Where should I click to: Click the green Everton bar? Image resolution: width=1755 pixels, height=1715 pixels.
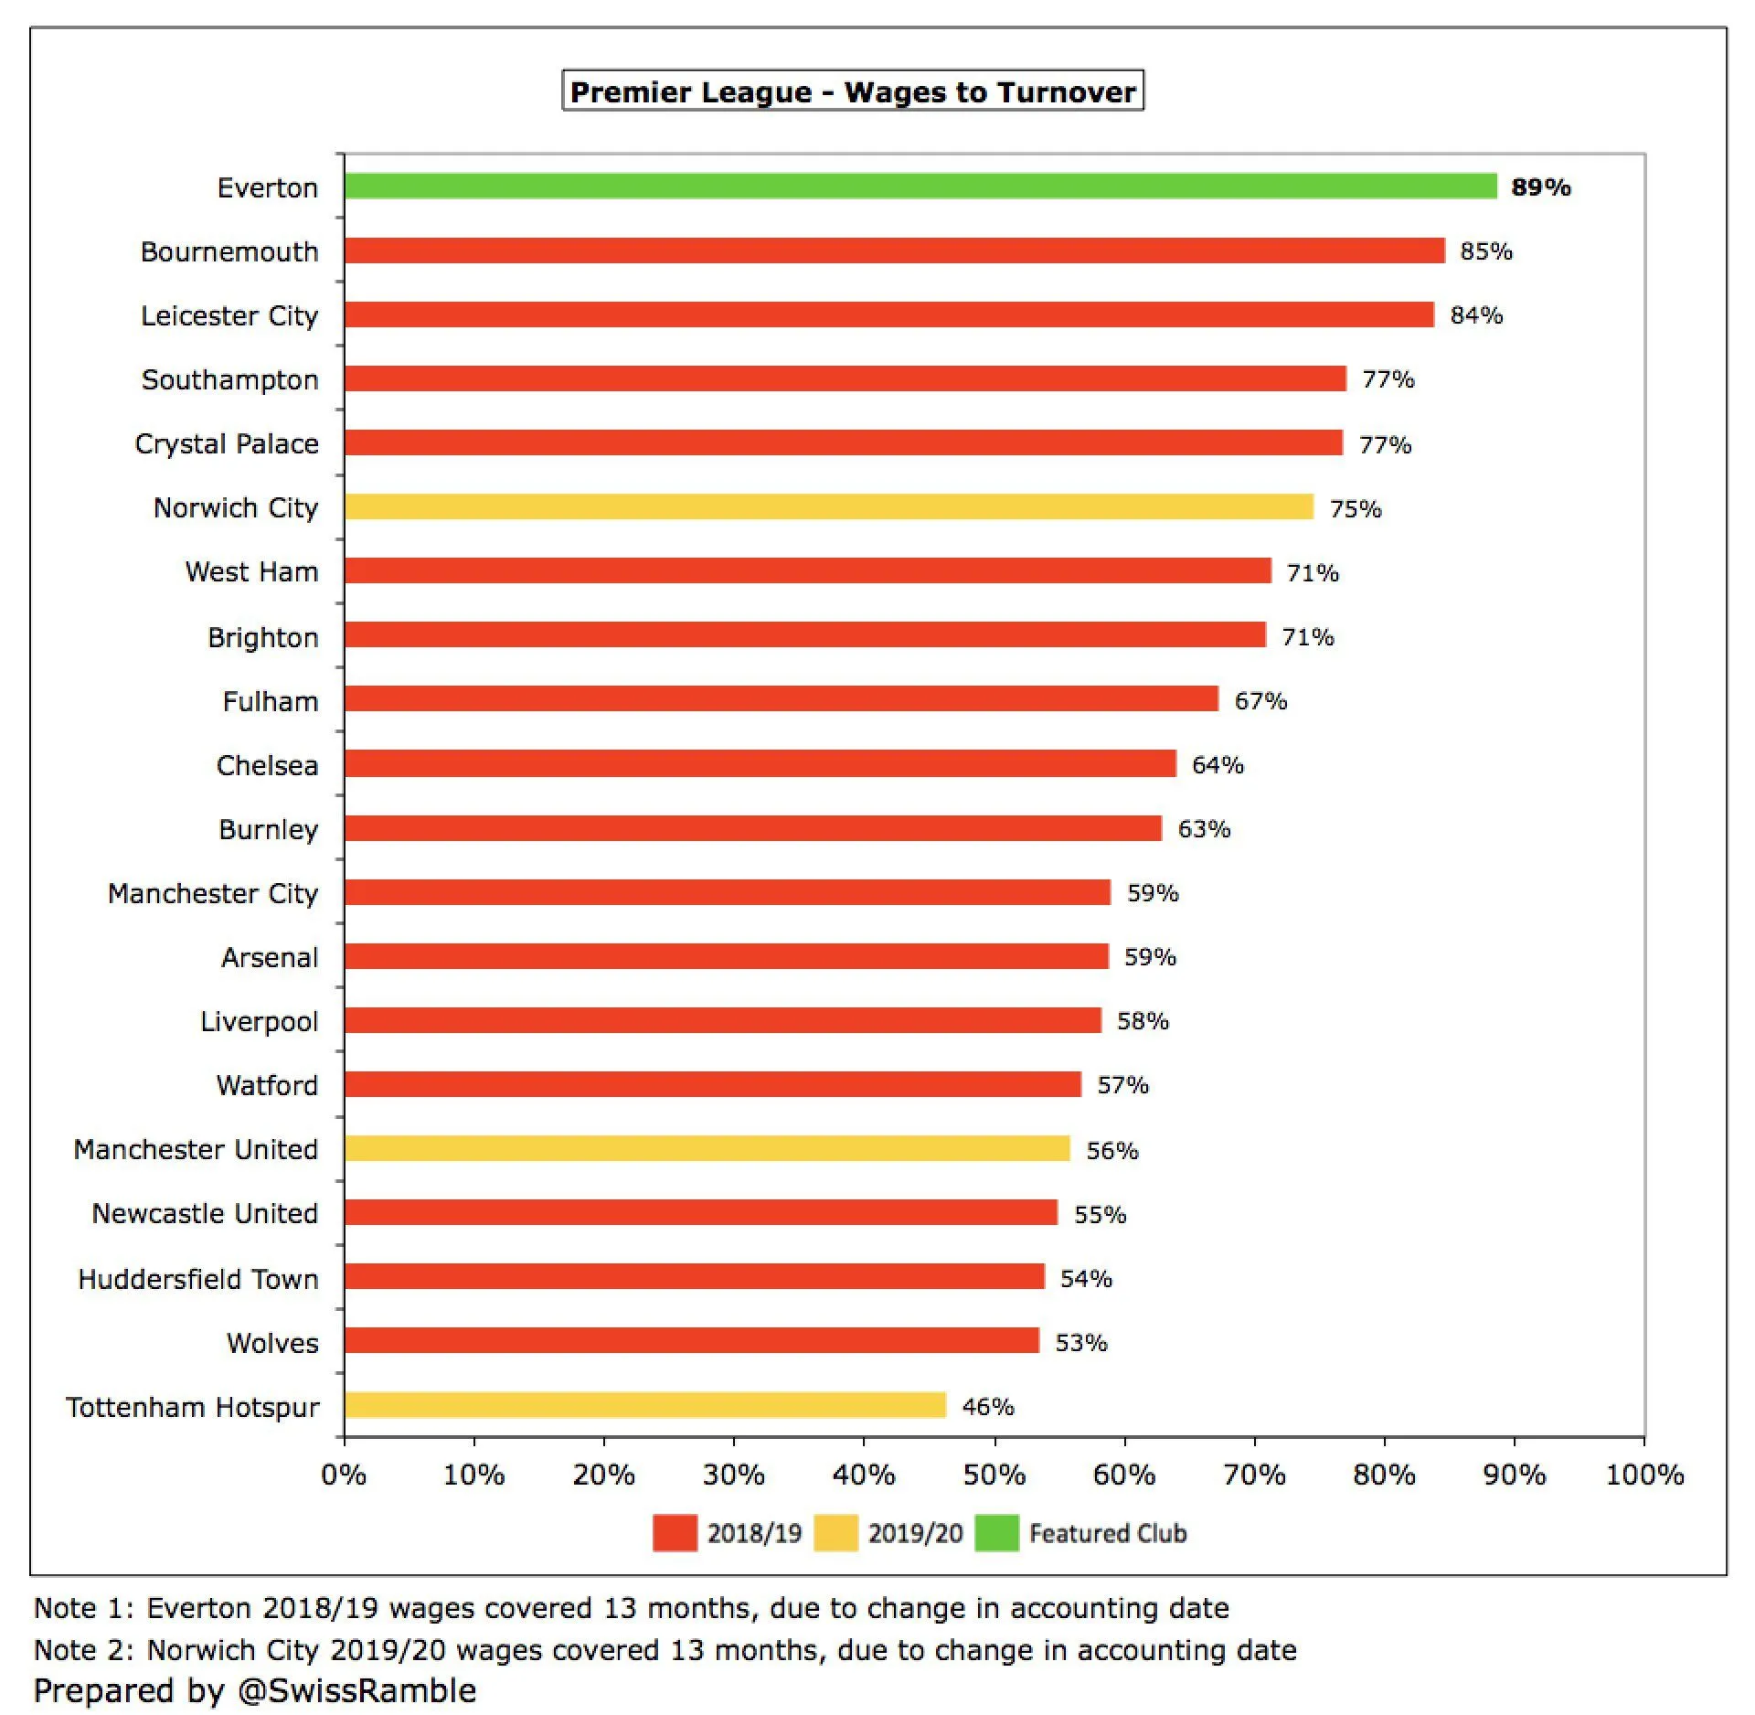point(920,186)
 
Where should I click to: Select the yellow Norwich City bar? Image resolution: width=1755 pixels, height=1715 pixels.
point(829,506)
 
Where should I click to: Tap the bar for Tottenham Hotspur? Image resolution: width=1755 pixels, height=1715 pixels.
point(645,1405)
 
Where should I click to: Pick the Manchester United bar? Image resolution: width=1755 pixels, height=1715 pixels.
point(707,1148)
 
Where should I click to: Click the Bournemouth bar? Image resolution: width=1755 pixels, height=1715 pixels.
point(895,250)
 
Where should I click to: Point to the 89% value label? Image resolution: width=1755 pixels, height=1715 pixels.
point(1540,187)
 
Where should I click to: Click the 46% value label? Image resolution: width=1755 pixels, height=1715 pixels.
point(987,1406)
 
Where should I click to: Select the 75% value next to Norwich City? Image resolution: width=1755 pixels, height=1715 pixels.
point(1355,508)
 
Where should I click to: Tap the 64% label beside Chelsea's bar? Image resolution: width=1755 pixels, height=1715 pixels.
point(1218,764)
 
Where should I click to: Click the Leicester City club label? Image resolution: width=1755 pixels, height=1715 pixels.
point(229,315)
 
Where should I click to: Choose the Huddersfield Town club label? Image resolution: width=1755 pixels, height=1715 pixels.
point(198,1278)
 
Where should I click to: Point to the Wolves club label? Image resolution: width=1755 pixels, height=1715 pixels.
point(272,1342)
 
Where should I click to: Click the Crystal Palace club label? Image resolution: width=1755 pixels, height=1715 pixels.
point(227,443)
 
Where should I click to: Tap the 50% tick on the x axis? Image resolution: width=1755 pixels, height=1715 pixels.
point(994,1475)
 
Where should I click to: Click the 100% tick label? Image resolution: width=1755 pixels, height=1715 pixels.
point(1643,1475)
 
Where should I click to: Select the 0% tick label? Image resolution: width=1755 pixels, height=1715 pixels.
point(344,1475)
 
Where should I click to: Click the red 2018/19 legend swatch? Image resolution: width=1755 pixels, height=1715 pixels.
point(675,1533)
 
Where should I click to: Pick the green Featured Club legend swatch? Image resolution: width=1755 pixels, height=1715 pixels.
point(996,1533)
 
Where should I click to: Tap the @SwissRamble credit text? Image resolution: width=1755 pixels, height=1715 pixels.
point(356,1690)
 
